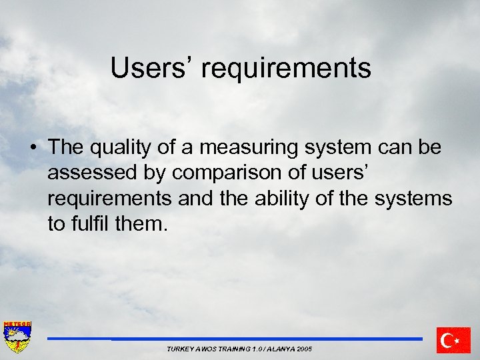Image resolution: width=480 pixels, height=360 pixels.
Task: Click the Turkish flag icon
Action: point(453,340)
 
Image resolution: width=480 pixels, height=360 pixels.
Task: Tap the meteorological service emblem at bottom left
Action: point(17,337)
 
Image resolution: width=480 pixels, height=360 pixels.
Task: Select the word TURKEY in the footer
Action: point(179,349)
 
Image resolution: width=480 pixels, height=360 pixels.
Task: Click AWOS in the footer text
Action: point(206,349)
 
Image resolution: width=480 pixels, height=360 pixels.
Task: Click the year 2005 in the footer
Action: point(305,349)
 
